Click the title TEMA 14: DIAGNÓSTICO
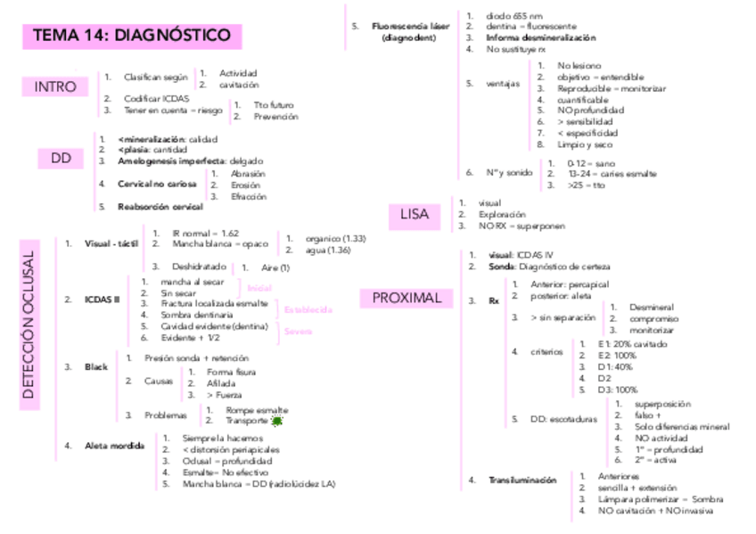tap(132, 36)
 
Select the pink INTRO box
tap(55, 86)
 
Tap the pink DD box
tap(61, 159)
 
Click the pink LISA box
tap(415, 215)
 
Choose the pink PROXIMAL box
tap(407, 299)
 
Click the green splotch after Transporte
tap(277, 420)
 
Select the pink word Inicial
tap(259, 288)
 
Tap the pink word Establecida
tap(308, 309)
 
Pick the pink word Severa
tap(298, 332)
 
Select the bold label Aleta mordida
tap(114, 445)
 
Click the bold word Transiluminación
tap(522, 481)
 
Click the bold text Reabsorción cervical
tap(160, 207)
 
